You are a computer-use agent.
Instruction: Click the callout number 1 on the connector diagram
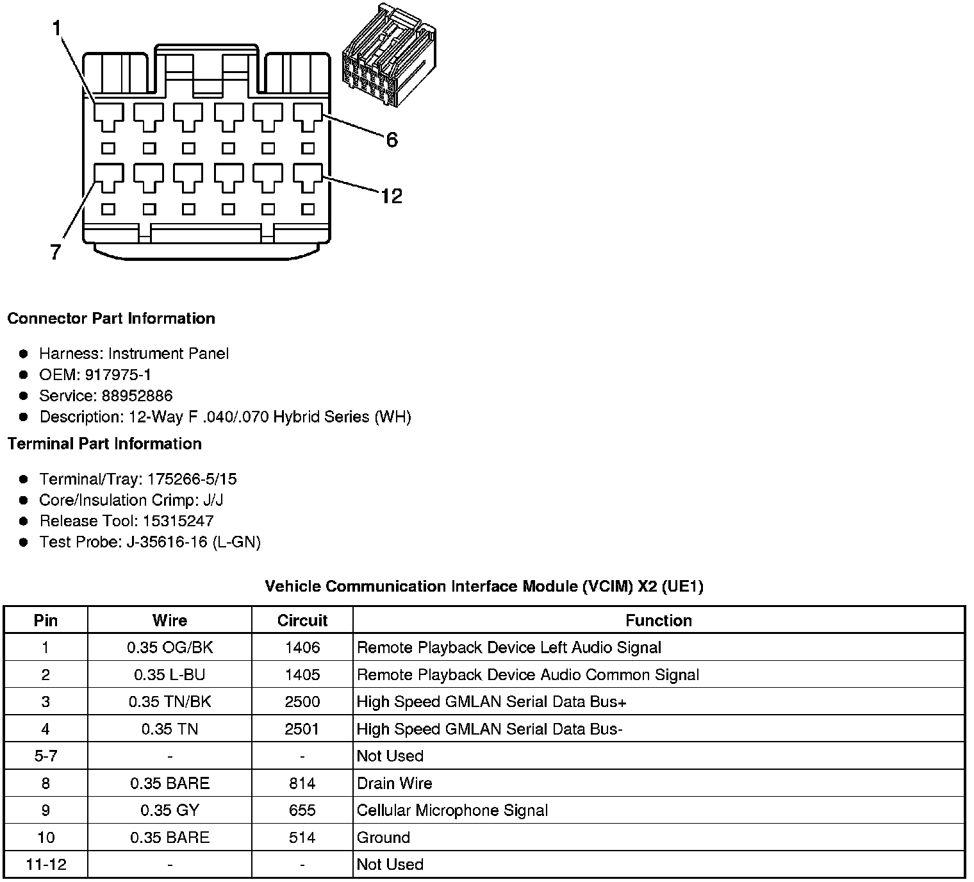click(57, 28)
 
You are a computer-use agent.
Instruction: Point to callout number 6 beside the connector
click(392, 140)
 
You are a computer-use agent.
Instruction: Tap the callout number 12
click(391, 196)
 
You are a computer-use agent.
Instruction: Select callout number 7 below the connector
click(56, 253)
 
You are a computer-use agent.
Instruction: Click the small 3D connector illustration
click(389, 56)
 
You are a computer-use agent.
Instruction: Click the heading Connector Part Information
click(111, 319)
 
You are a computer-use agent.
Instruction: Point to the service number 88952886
click(136, 395)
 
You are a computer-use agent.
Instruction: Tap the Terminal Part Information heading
click(104, 444)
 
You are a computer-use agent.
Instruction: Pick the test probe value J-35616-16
click(167, 542)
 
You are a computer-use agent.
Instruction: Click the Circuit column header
click(302, 620)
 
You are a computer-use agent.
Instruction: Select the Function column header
click(658, 620)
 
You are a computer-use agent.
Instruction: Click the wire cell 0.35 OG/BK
click(170, 647)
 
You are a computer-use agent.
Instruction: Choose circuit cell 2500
click(302, 702)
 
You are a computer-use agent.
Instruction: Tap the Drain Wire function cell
click(394, 783)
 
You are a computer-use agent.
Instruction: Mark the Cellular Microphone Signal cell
click(452, 810)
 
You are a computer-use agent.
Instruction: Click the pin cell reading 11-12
click(45, 864)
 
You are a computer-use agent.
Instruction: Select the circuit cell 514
click(302, 837)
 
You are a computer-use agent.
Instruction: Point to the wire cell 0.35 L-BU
click(170, 675)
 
